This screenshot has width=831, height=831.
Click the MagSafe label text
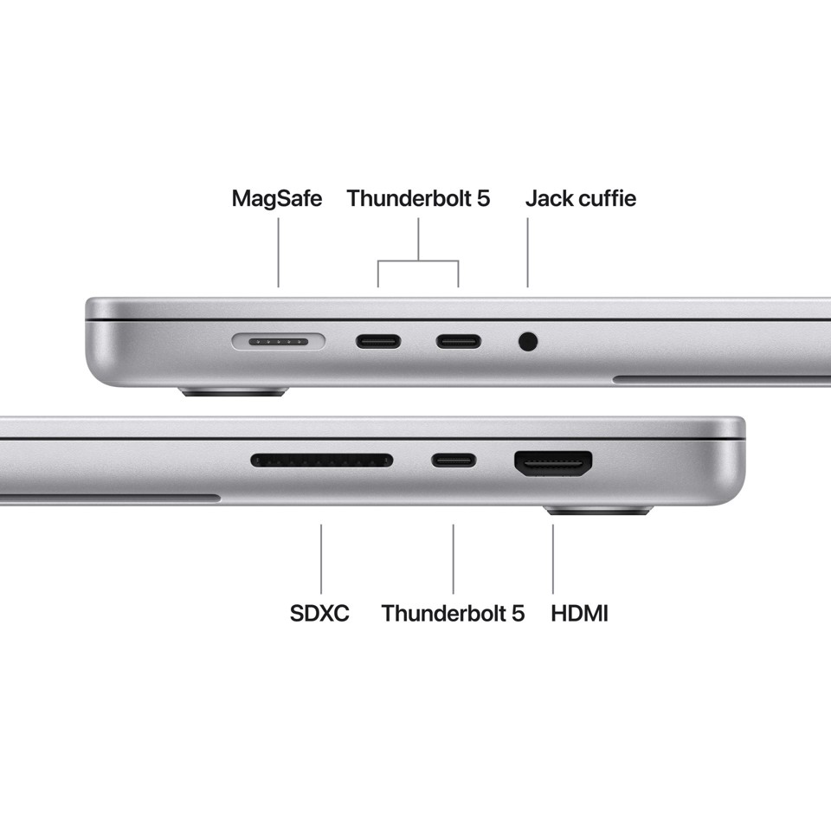[276, 198]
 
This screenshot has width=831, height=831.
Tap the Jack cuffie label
[580, 198]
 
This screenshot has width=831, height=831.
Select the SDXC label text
[319, 614]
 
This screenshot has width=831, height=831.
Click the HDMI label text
[579, 614]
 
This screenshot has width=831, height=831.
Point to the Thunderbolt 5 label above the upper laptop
[418, 198]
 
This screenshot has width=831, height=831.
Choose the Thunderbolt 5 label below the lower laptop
[453, 614]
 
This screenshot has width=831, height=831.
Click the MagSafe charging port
[278, 342]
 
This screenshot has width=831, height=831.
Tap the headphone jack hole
[528, 342]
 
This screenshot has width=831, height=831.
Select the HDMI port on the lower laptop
[554, 464]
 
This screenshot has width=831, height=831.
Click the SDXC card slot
[321, 461]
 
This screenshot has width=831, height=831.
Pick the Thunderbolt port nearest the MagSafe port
[378, 341]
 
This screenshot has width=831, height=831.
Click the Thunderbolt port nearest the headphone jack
[459, 341]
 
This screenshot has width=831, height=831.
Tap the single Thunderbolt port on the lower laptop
[454, 461]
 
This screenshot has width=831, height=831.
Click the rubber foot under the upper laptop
[232, 392]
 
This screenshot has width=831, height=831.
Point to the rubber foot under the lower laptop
[599, 511]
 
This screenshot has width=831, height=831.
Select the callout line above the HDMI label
[553, 558]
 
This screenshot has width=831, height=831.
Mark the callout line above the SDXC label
[321, 558]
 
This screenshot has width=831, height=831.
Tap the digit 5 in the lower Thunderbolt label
[518, 614]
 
